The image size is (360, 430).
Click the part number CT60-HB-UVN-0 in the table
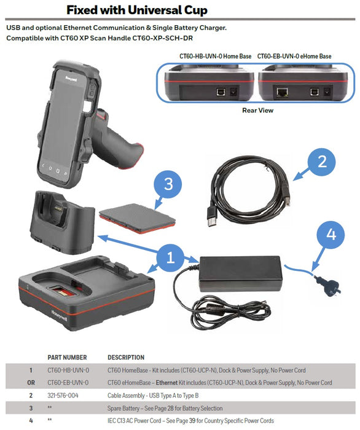[x=68, y=370]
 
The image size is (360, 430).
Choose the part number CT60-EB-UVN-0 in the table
[x=68, y=383]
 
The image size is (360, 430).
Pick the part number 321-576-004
[x=64, y=396]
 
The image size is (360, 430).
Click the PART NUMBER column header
[x=67, y=357]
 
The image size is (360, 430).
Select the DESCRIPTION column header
[x=126, y=357]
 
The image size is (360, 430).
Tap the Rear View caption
[x=258, y=111]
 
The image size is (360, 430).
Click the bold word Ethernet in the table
[x=179, y=383]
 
